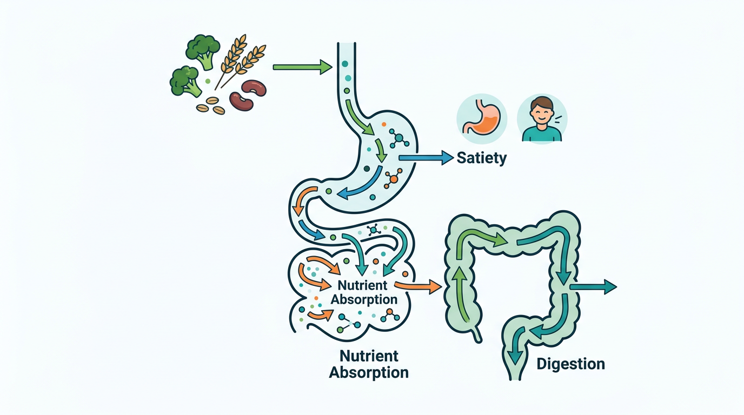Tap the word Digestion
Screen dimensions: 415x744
(570, 364)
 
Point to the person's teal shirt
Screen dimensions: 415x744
(541, 135)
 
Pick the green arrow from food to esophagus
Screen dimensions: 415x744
(302, 67)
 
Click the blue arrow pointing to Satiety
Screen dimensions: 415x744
(425, 157)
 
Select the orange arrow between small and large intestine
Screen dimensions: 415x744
(418, 286)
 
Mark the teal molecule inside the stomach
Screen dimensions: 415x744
(399, 138)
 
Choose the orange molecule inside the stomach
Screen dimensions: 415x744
(393, 178)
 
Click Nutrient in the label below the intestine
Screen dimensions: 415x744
(369, 356)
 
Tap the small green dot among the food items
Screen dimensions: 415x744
(207, 81)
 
